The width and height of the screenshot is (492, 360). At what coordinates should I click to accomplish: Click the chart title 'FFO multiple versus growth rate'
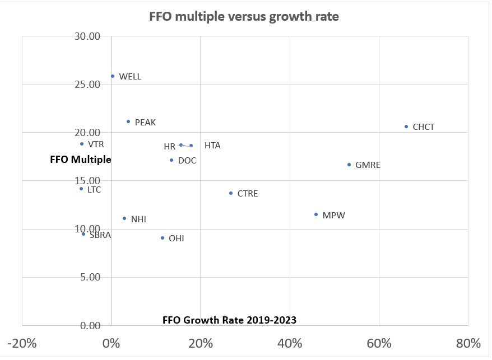point(244,16)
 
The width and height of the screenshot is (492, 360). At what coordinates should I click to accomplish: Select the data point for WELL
point(113,76)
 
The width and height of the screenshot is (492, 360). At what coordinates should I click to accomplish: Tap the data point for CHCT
point(406,127)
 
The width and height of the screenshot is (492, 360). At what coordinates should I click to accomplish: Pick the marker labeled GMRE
point(349,165)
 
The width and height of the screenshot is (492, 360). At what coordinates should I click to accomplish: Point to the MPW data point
point(316,214)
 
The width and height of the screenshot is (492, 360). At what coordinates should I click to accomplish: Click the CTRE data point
point(231,193)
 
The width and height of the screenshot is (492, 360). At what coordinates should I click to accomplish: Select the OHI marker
point(163,238)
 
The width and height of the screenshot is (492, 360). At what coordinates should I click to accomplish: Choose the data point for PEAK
point(128,121)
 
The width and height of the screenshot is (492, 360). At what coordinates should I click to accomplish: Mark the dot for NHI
point(124,218)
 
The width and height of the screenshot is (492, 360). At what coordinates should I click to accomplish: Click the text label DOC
point(187,161)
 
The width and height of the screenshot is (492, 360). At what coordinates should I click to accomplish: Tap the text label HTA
point(212,146)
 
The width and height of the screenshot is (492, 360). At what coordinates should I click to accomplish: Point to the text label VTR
point(96,144)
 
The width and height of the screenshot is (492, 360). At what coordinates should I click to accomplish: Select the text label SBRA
point(100,235)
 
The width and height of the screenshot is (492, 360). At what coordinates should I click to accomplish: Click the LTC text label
point(95,190)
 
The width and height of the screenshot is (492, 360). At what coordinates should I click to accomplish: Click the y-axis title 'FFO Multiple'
point(81,160)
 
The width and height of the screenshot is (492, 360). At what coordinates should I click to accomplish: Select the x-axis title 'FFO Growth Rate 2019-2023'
point(229,320)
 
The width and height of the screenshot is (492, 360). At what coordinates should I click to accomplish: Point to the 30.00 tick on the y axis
point(87,36)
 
